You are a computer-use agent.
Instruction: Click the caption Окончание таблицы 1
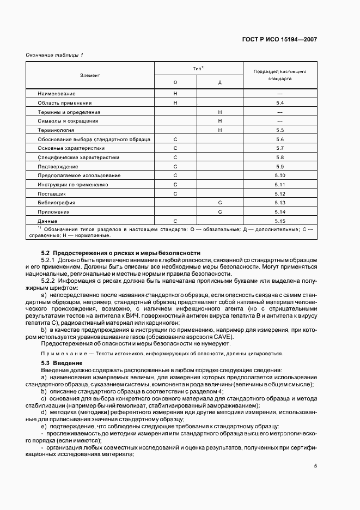tap(54, 56)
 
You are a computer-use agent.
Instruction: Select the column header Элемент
tap(89, 75)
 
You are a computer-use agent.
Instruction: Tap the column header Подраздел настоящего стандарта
tap(280, 75)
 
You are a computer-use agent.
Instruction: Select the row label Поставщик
tap(52, 193)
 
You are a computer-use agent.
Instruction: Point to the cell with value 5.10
tap(280, 175)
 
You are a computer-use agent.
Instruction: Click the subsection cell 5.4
tap(280, 103)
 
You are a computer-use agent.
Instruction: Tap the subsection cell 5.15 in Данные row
tap(280, 221)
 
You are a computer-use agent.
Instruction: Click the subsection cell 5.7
tap(280, 148)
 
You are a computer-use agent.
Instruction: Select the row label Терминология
tap(56, 130)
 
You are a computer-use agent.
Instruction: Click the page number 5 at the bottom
tap(315, 465)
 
